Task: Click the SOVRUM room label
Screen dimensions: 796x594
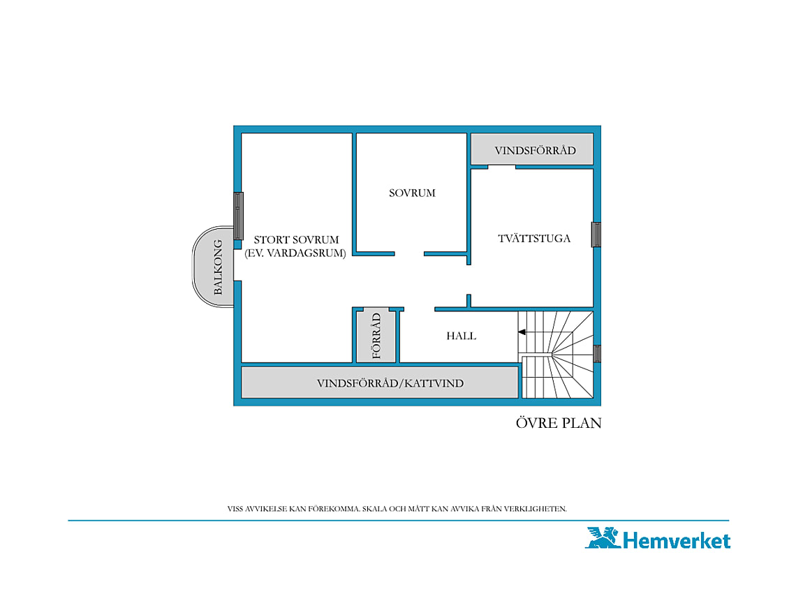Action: [x=412, y=193]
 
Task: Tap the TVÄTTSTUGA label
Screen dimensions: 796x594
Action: [x=534, y=239]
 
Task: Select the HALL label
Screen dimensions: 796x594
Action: [x=461, y=336]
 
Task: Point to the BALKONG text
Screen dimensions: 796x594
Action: [x=218, y=267]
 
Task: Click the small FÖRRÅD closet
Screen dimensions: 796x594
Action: [x=376, y=336]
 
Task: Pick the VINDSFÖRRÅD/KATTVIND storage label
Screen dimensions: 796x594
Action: [x=390, y=383]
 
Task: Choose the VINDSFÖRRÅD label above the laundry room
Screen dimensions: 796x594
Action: [x=535, y=150]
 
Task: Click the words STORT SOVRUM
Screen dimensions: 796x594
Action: [x=297, y=239]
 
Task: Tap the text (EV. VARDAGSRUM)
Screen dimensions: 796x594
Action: [x=295, y=253]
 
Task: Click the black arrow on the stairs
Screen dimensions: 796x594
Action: [x=522, y=332]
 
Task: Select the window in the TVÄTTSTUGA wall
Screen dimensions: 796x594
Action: [x=596, y=235]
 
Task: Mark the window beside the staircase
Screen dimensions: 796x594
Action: [x=597, y=354]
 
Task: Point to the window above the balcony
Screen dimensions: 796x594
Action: [x=238, y=216]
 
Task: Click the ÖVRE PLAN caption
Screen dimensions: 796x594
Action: [x=559, y=423]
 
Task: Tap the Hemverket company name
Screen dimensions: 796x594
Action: [x=676, y=540]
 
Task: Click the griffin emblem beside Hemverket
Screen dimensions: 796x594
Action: [x=603, y=537]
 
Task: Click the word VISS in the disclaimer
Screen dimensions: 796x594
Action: [x=235, y=509]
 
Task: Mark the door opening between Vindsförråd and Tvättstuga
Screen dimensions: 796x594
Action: [x=501, y=167]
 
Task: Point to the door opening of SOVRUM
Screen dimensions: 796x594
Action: [x=409, y=254]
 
